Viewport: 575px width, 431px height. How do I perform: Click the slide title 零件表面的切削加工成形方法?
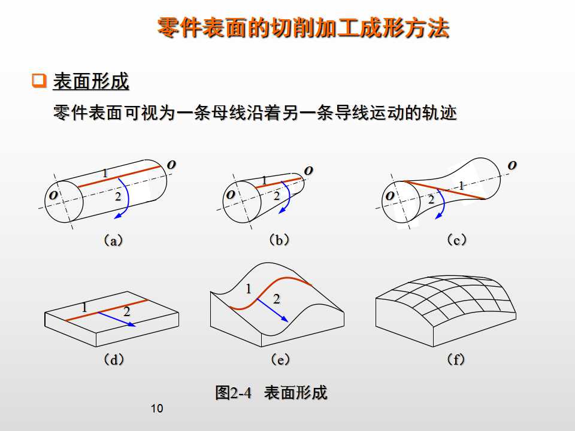tap(303, 28)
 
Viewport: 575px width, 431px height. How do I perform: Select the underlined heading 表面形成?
tap(91, 81)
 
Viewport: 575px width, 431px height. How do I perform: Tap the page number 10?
tap(157, 409)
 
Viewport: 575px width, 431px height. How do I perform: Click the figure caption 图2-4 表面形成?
tap(271, 393)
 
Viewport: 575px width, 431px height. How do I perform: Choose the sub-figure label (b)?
tap(279, 240)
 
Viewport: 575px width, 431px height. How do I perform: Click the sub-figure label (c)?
tap(456, 240)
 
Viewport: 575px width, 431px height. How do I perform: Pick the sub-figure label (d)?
tap(114, 360)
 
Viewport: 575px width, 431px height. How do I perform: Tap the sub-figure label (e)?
tap(280, 360)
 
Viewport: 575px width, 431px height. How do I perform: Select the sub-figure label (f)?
tap(456, 360)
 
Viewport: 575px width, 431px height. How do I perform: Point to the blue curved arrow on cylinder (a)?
tap(124, 198)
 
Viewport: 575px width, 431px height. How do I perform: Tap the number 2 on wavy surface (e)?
tap(277, 299)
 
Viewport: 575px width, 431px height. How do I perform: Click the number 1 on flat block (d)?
tap(84, 307)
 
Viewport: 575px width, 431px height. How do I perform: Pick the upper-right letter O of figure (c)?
tap(512, 165)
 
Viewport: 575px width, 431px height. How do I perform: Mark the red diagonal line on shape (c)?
tap(444, 189)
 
